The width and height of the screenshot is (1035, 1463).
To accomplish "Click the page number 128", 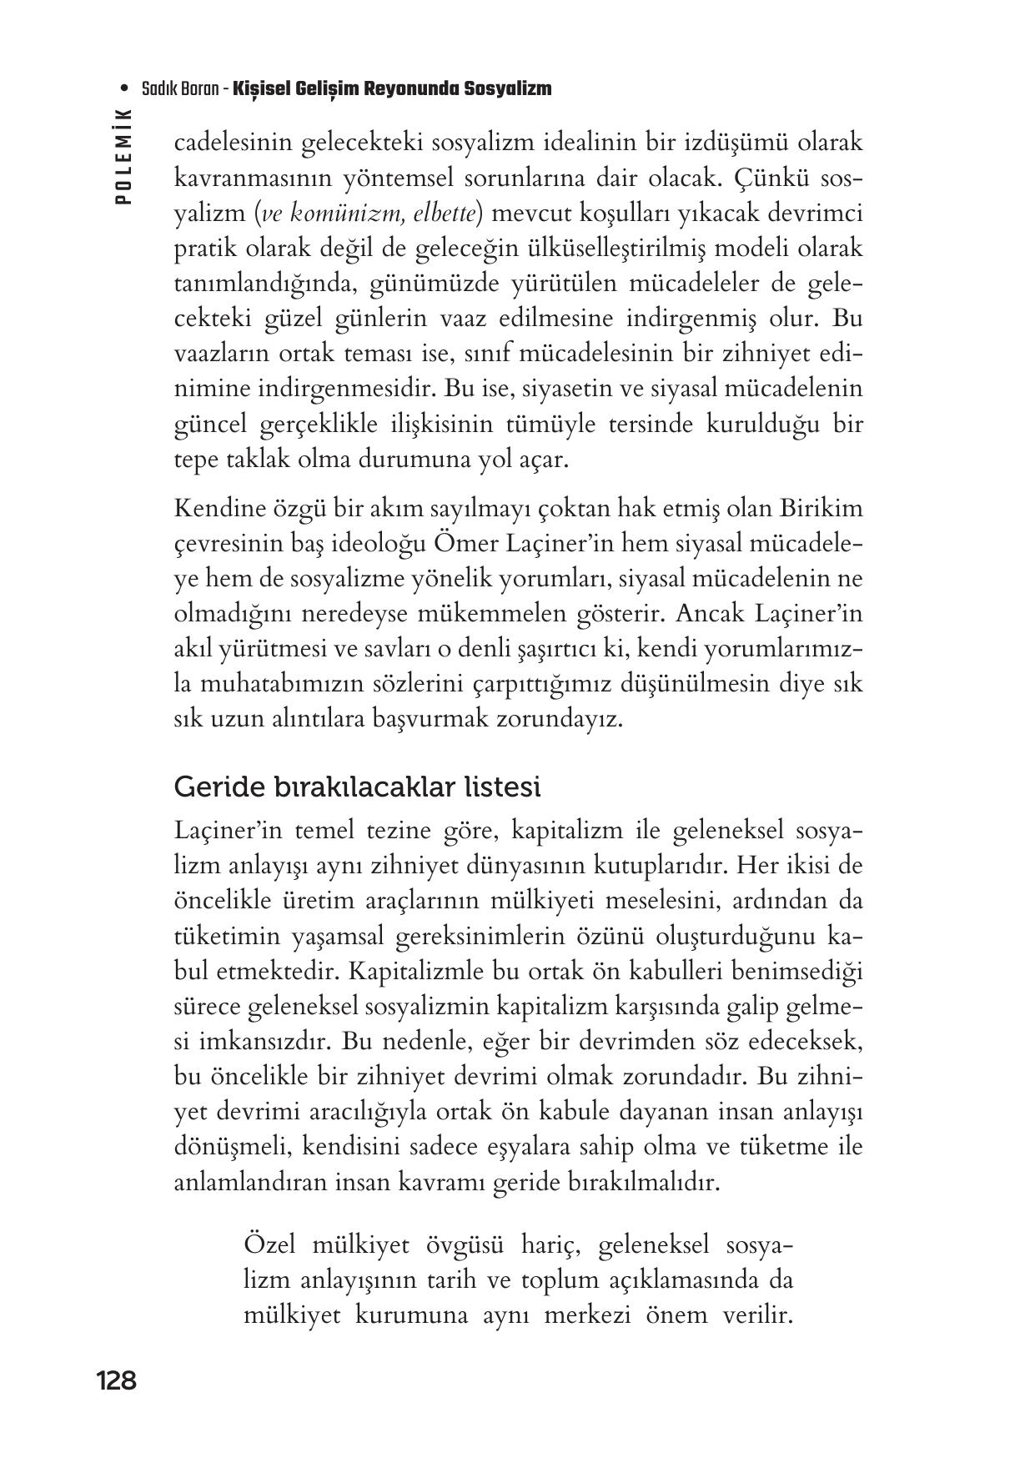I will coord(116,1381).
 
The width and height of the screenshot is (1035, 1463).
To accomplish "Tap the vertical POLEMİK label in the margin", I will coord(124,158).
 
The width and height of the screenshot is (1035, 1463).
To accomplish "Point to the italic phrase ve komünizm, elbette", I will coord(369,214).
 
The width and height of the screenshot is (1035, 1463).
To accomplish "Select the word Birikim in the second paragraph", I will coord(821,508).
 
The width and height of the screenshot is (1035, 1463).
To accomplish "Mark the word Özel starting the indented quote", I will coord(271,1245).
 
